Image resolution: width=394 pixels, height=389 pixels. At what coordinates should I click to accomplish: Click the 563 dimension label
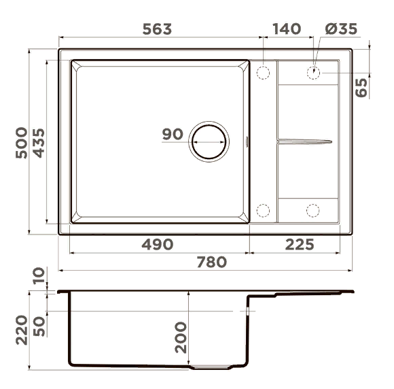158,29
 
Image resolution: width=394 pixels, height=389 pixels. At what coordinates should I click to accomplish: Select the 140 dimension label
287,29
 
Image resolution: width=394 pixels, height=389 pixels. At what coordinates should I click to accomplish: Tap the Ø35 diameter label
340,29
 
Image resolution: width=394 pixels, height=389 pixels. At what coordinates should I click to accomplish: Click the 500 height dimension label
22,143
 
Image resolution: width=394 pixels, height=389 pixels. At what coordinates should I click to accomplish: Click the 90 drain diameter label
173,134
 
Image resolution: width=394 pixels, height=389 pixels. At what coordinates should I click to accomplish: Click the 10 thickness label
39,275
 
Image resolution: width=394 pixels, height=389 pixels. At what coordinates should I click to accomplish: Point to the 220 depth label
22,330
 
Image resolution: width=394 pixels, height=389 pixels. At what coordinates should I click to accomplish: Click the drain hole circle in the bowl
209,142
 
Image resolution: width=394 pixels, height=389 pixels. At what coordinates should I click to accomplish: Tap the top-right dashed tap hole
314,72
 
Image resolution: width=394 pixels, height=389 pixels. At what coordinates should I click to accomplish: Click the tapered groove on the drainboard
304,141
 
